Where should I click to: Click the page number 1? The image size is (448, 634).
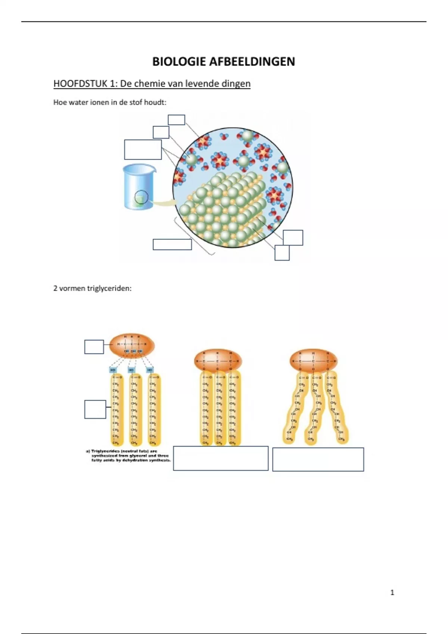tap(392, 592)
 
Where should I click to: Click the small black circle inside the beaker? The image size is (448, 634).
tap(141, 197)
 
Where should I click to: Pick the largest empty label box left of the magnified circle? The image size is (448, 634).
tap(143, 150)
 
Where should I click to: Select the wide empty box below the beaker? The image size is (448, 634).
tap(172, 244)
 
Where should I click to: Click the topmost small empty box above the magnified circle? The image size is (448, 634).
tap(176, 120)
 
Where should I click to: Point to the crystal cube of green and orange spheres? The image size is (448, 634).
tap(224, 209)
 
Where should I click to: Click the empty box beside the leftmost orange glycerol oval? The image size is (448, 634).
tap(94, 346)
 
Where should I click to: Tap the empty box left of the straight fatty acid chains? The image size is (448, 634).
tap(95, 409)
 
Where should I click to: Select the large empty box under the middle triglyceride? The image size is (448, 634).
tap(221, 458)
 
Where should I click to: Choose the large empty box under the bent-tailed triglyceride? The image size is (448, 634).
tap(318, 459)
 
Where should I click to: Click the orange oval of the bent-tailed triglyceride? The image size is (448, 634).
tap(314, 361)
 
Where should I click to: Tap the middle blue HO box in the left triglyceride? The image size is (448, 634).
tap(131, 370)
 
